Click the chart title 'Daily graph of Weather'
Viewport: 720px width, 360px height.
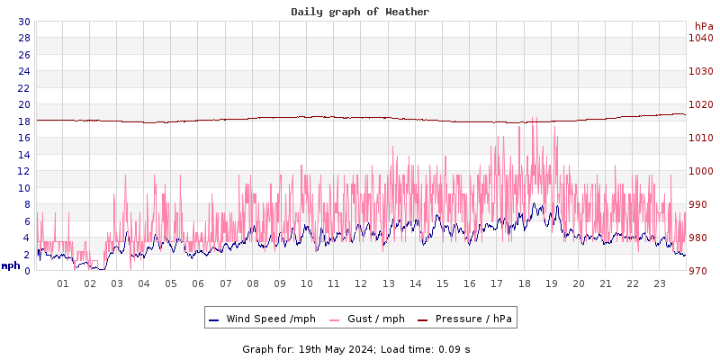(x=360, y=12)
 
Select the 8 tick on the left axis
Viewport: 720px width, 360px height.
(x=26, y=204)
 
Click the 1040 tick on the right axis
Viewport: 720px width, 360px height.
(x=700, y=38)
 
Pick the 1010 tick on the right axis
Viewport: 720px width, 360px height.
(x=700, y=138)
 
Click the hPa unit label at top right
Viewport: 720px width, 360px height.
(x=704, y=26)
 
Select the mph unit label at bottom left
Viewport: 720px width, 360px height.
(x=11, y=265)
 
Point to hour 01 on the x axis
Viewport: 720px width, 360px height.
(x=63, y=283)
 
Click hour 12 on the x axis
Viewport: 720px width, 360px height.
(x=361, y=283)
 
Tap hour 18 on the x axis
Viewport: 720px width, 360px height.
(x=524, y=283)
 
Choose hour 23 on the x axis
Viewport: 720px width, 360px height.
(x=660, y=283)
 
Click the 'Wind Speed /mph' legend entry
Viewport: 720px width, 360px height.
(x=271, y=319)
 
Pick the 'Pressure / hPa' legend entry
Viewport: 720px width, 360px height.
(x=473, y=319)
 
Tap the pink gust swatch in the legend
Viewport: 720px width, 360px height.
(x=336, y=319)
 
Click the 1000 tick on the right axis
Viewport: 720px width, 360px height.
(x=700, y=171)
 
